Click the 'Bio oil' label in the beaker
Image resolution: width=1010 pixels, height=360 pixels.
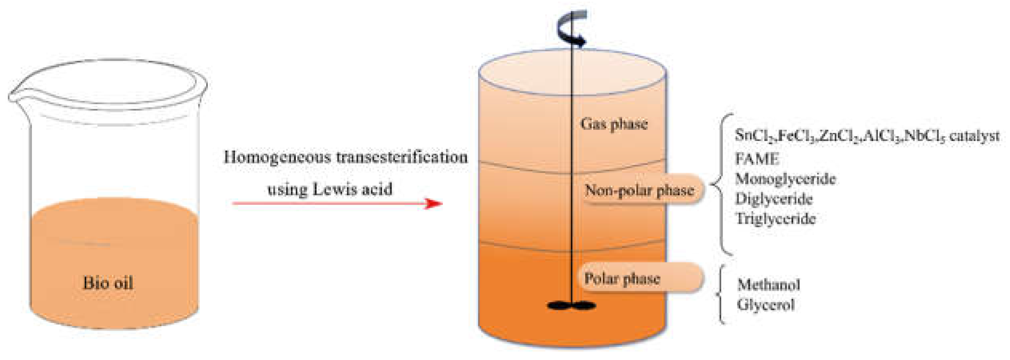pyautogui.click(x=108, y=283)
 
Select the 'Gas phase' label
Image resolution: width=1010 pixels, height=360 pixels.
pyautogui.click(x=614, y=124)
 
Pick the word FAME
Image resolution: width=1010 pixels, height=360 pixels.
pyautogui.click(x=757, y=159)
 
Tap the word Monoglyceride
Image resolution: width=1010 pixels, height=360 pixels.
pyautogui.click(x=786, y=179)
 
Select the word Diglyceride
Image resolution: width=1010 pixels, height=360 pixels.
pyautogui.click(x=774, y=199)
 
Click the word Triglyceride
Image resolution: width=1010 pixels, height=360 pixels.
pyautogui.click(x=775, y=219)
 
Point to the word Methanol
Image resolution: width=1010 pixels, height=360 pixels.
pyautogui.click(x=768, y=285)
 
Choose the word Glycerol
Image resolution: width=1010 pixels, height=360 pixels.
pyautogui.click(x=765, y=305)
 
